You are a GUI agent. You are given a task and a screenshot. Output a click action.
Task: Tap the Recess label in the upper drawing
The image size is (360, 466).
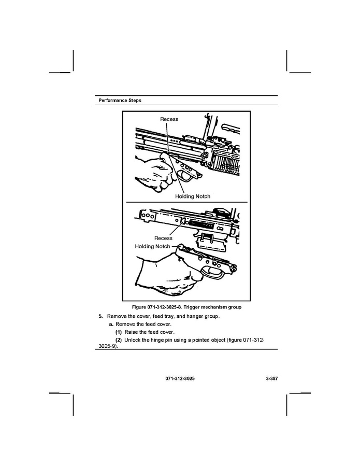(x=169, y=119)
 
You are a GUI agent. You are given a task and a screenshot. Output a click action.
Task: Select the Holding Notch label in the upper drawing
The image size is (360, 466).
(x=192, y=196)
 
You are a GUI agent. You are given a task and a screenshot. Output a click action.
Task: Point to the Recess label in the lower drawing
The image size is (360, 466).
(x=163, y=238)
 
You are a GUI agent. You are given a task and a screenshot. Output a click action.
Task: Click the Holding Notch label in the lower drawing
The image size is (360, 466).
(x=152, y=246)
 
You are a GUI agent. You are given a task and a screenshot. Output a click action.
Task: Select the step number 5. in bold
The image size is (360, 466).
(x=101, y=316)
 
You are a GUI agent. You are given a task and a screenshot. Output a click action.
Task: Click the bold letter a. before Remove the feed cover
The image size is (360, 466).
(x=111, y=324)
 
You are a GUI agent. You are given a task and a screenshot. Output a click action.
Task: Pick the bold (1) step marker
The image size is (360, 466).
(x=118, y=332)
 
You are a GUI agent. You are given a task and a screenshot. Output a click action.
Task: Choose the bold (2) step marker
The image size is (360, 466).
(x=118, y=340)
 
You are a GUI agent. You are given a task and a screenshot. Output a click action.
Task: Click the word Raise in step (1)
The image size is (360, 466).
(x=132, y=332)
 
